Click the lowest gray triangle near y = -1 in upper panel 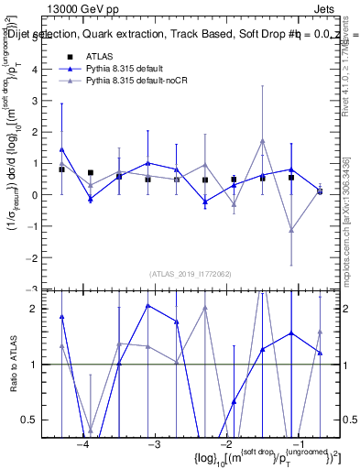(x=290, y=230)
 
